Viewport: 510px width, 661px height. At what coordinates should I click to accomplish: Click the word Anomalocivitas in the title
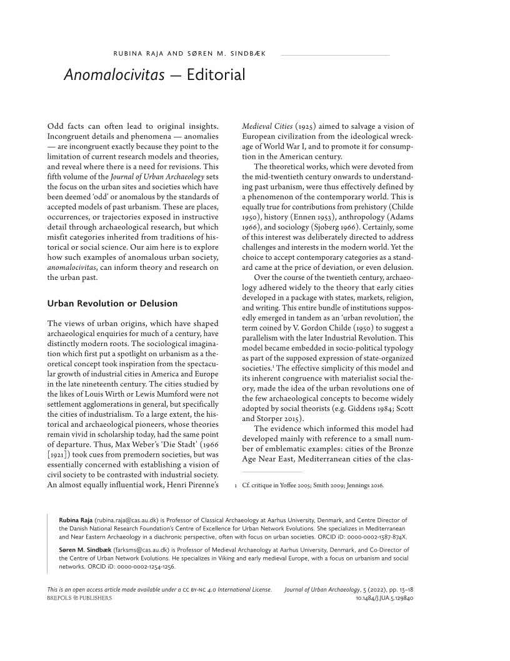click(x=114, y=75)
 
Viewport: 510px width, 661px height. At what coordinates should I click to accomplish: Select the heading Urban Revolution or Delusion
click(x=112, y=303)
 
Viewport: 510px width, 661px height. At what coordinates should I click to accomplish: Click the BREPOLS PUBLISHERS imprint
click(x=79, y=598)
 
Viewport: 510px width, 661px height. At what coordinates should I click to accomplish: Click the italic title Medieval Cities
click(x=267, y=126)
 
